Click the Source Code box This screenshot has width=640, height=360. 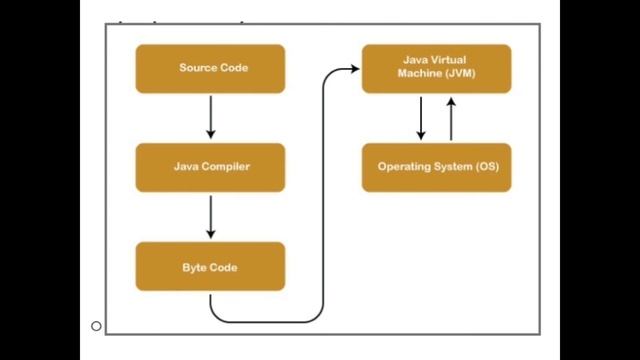click(x=210, y=68)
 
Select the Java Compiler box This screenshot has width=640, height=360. click(x=210, y=167)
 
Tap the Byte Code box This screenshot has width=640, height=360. click(x=210, y=267)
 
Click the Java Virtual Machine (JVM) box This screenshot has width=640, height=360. click(x=436, y=68)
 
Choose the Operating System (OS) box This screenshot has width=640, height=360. click(x=436, y=167)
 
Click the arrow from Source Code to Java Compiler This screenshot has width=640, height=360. click(x=210, y=117)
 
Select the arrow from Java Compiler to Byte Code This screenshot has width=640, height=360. click(x=210, y=216)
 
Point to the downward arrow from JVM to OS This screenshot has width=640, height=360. click(x=421, y=118)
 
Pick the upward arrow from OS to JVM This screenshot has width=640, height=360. click(x=451, y=118)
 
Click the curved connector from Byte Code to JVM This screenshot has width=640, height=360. click(x=323, y=200)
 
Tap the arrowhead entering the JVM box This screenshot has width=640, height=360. click(x=354, y=69)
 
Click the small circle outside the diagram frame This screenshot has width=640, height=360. click(x=96, y=326)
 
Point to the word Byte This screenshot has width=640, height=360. click(x=194, y=267)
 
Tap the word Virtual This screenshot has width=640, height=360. click(x=449, y=61)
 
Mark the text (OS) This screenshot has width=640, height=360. click(x=485, y=167)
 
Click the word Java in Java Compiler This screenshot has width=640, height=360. click(x=186, y=167)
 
